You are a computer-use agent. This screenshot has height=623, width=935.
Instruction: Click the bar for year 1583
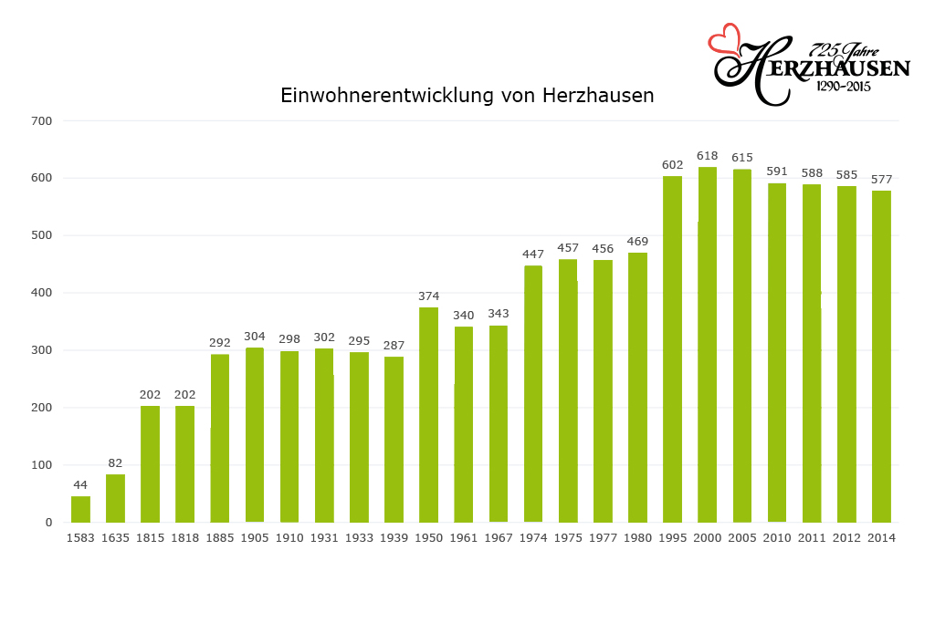click(80, 509)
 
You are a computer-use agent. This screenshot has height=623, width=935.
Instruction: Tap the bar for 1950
click(428, 415)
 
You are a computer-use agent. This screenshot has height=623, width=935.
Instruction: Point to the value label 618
click(707, 157)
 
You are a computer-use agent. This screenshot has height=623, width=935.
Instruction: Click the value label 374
click(428, 296)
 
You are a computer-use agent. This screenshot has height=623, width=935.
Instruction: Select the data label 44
click(80, 485)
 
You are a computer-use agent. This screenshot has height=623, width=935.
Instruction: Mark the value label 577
click(881, 180)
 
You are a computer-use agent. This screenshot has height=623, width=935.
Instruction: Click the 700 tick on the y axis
click(43, 120)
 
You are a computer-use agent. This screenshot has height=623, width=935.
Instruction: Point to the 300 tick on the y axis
click(43, 350)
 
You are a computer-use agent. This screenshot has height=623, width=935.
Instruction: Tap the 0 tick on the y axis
click(48, 523)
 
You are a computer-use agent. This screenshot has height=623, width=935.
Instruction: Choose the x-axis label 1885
click(220, 538)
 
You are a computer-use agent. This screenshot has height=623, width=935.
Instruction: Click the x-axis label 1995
click(672, 538)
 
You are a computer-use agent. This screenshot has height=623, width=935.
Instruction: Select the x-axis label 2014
click(881, 538)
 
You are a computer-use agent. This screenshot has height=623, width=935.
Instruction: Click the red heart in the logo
click(726, 39)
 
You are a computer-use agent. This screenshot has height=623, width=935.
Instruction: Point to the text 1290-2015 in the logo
click(843, 87)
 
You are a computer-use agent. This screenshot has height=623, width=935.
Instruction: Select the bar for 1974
click(533, 394)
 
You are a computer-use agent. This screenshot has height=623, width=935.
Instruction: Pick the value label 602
click(672, 165)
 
